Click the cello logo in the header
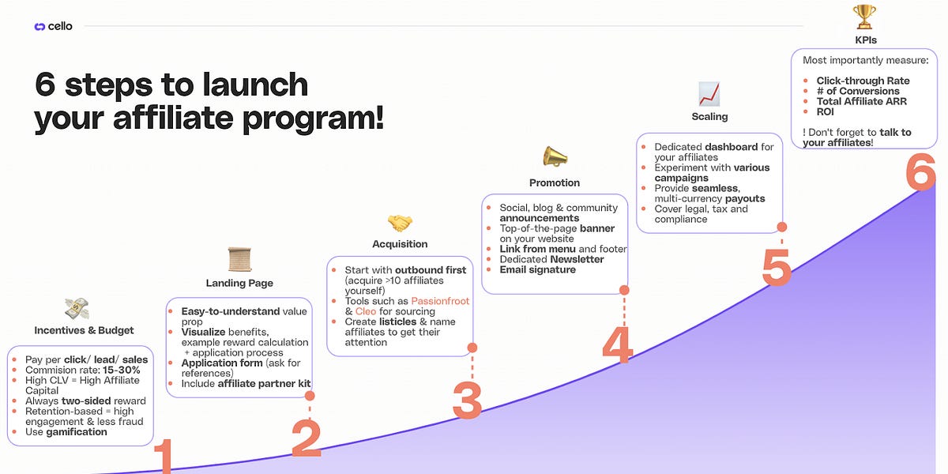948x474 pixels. point(53,26)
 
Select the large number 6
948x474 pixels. point(920,171)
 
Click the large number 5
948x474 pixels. point(777,267)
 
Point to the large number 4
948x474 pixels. point(617,345)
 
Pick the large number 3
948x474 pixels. point(467,401)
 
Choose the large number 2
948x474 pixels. point(306,438)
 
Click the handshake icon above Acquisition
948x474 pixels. point(400,224)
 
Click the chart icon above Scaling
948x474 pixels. point(709,94)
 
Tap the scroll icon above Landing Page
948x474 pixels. point(239,259)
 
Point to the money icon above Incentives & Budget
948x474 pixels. point(77,308)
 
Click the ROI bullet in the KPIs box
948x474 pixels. point(825,111)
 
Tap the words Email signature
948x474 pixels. point(537,269)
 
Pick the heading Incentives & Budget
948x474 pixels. point(84,330)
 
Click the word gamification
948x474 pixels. point(78,431)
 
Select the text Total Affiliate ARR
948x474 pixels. point(861,101)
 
